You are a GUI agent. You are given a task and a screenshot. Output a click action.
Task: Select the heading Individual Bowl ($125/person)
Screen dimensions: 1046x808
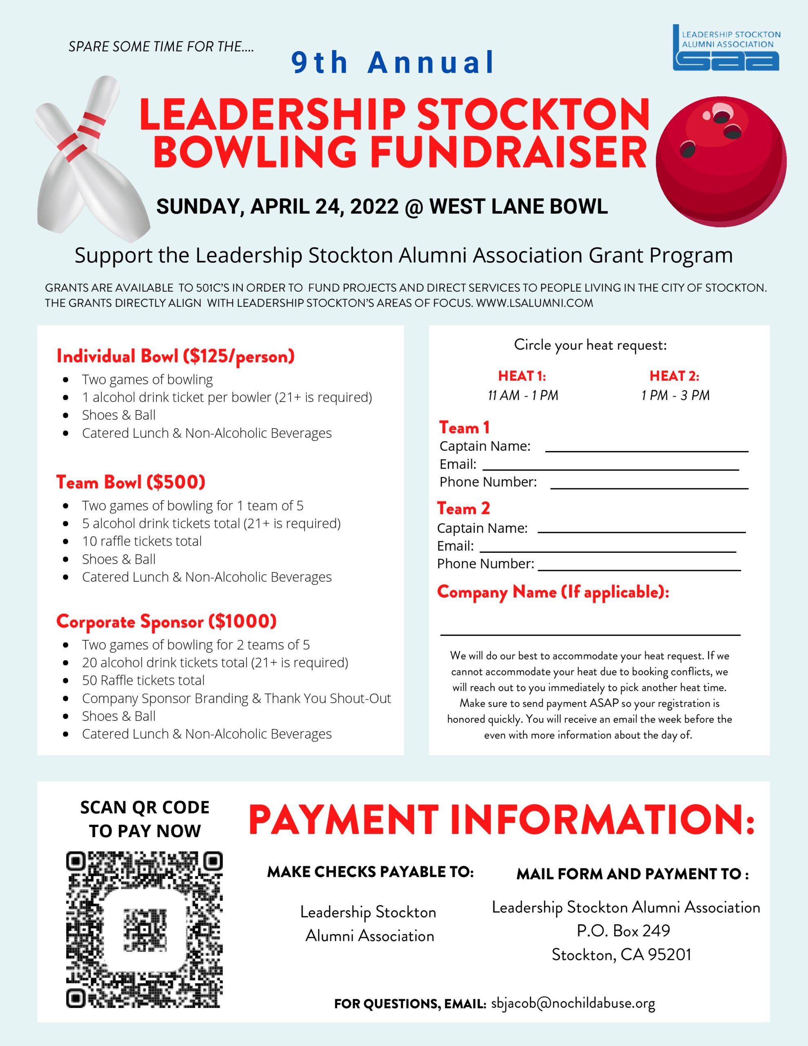tap(175, 356)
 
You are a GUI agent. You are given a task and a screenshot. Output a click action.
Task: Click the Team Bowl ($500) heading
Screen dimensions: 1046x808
tap(131, 482)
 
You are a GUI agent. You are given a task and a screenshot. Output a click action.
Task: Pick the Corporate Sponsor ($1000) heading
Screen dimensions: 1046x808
tap(166, 621)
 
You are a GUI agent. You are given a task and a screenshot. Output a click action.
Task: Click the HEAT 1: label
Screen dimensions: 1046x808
tap(522, 376)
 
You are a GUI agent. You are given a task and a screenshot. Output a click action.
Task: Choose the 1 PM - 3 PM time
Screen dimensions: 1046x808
tap(675, 396)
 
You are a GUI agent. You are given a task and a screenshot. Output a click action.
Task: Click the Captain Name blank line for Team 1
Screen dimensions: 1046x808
tap(647, 451)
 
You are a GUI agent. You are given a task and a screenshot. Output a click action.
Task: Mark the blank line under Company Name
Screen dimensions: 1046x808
tap(590, 634)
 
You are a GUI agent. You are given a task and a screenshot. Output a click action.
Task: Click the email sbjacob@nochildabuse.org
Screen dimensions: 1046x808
tap(573, 1003)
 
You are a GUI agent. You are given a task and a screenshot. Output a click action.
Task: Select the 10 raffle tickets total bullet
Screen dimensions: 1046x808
tap(142, 541)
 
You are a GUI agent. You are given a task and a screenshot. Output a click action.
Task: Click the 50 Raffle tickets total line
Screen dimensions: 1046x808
tap(143, 680)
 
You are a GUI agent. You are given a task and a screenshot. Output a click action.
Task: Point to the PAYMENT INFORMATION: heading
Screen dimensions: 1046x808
tap(501, 820)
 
